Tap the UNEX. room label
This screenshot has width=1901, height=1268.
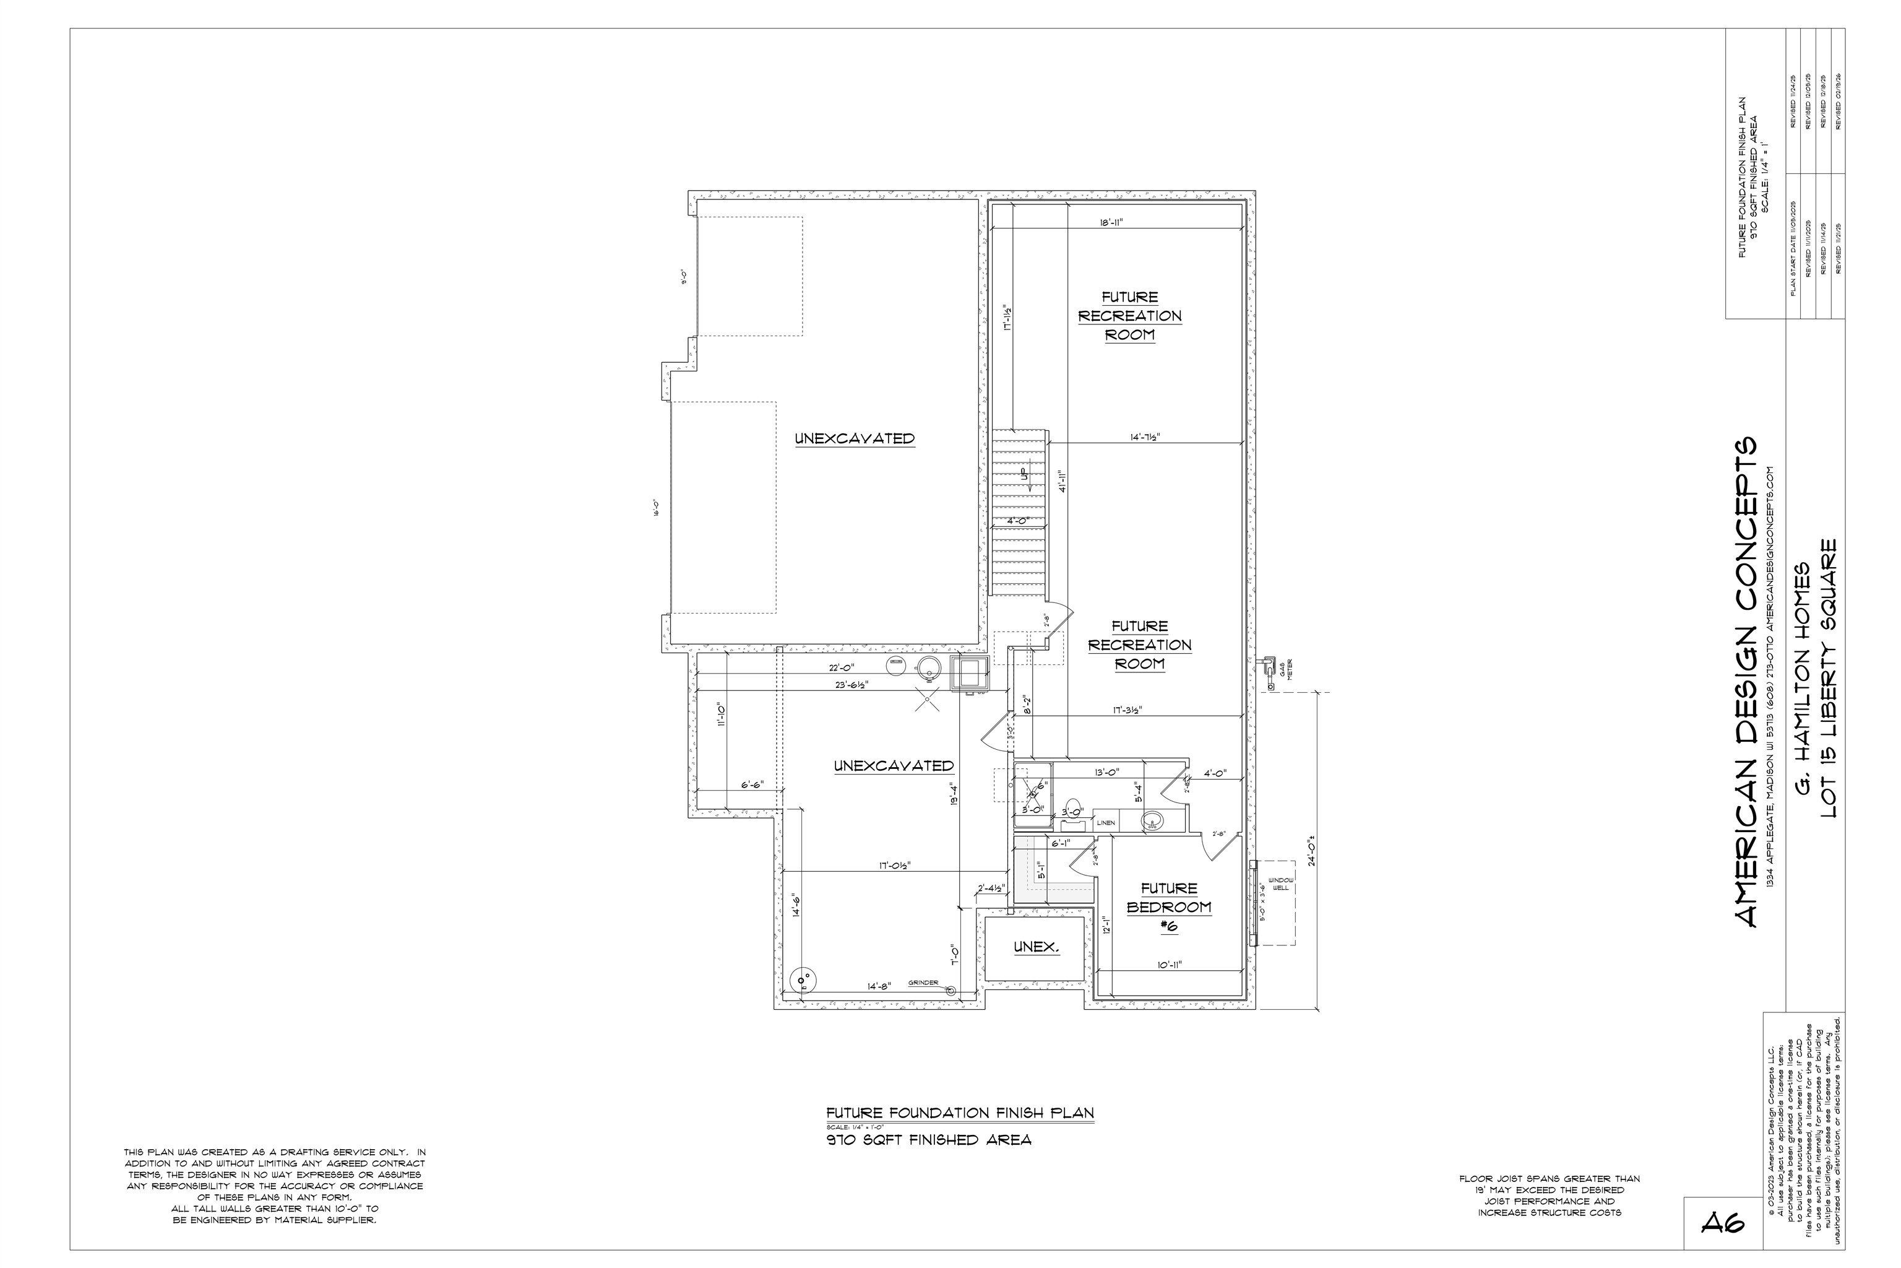click(x=1036, y=946)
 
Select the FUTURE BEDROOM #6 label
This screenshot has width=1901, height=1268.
click(x=1169, y=907)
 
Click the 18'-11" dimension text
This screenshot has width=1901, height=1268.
click(x=1111, y=222)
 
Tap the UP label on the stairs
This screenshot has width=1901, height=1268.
click(x=1024, y=473)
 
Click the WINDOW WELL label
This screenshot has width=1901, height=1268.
click(x=1281, y=884)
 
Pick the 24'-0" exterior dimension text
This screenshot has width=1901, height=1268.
click(x=1313, y=846)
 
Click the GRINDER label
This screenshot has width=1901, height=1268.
click(x=923, y=983)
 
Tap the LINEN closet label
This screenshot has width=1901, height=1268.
click(x=1106, y=822)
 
